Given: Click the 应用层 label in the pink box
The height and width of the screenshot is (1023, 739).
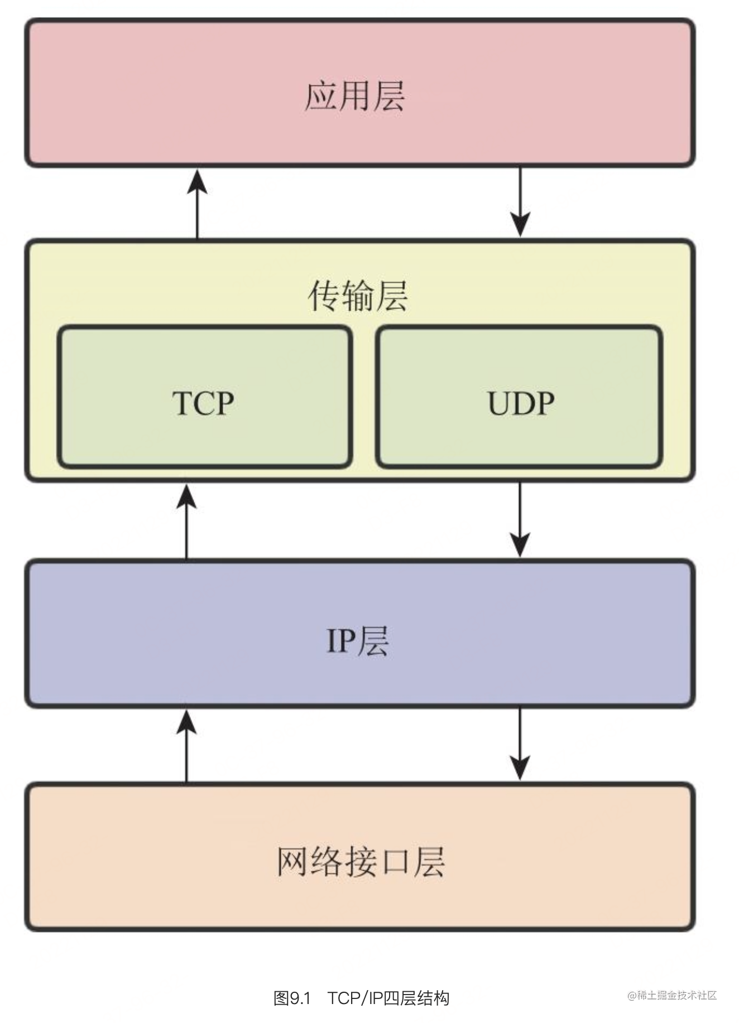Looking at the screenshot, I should (x=354, y=96).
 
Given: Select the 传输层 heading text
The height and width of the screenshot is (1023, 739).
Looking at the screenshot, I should (x=358, y=296).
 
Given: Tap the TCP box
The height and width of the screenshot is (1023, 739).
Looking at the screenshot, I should (x=204, y=397).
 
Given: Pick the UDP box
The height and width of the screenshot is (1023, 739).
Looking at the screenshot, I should (x=519, y=397).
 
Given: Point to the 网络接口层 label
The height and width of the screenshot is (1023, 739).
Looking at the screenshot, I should (x=361, y=862).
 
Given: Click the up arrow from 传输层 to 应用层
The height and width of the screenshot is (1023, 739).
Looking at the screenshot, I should (x=197, y=204).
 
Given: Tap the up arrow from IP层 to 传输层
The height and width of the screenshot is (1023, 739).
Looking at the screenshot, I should (x=186, y=521).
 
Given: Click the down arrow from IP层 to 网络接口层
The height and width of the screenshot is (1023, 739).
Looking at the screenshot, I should (x=520, y=745).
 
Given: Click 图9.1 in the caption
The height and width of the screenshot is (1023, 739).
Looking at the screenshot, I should (x=291, y=998).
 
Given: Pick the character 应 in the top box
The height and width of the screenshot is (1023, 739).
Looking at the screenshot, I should (x=320, y=96).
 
